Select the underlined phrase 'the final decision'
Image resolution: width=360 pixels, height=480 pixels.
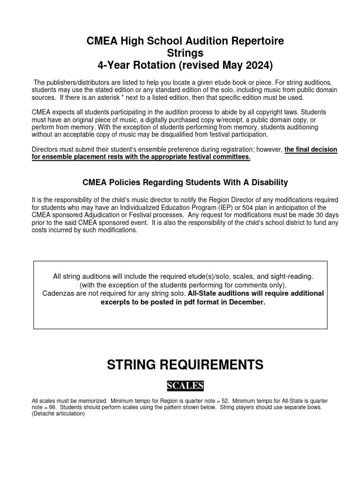click(x=310, y=150)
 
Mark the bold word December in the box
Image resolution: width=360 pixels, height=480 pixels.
click(x=247, y=302)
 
